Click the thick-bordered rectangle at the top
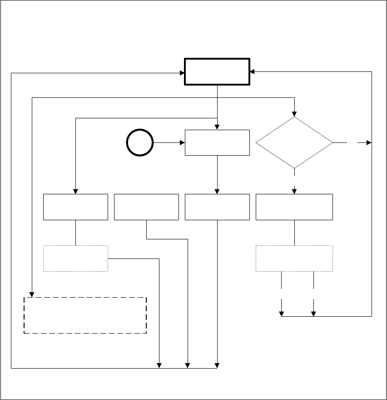click(x=217, y=71)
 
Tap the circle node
click(x=140, y=143)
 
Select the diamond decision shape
click(x=294, y=143)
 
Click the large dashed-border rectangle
click(x=85, y=315)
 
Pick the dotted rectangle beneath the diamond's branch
click(x=294, y=258)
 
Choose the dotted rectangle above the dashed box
click(x=75, y=258)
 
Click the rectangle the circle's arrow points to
click(x=217, y=143)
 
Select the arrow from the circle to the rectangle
click(x=169, y=143)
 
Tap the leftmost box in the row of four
click(x=75, y=207)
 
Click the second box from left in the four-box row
click(x=146, y=207)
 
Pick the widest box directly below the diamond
click(x=294, y=207)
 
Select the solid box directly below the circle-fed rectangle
click(x=217, y=207)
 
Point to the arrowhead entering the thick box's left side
click(x=182, y=72)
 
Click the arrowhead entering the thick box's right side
click(x=253, y=72)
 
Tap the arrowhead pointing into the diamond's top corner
click(x=294, y=114)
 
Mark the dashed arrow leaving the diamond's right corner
click(x=359, y=143)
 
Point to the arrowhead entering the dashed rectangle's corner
click(x=32, y=294)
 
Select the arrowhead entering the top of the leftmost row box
click(x=75, y=191)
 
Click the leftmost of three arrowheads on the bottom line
click(x=159, y=365)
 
